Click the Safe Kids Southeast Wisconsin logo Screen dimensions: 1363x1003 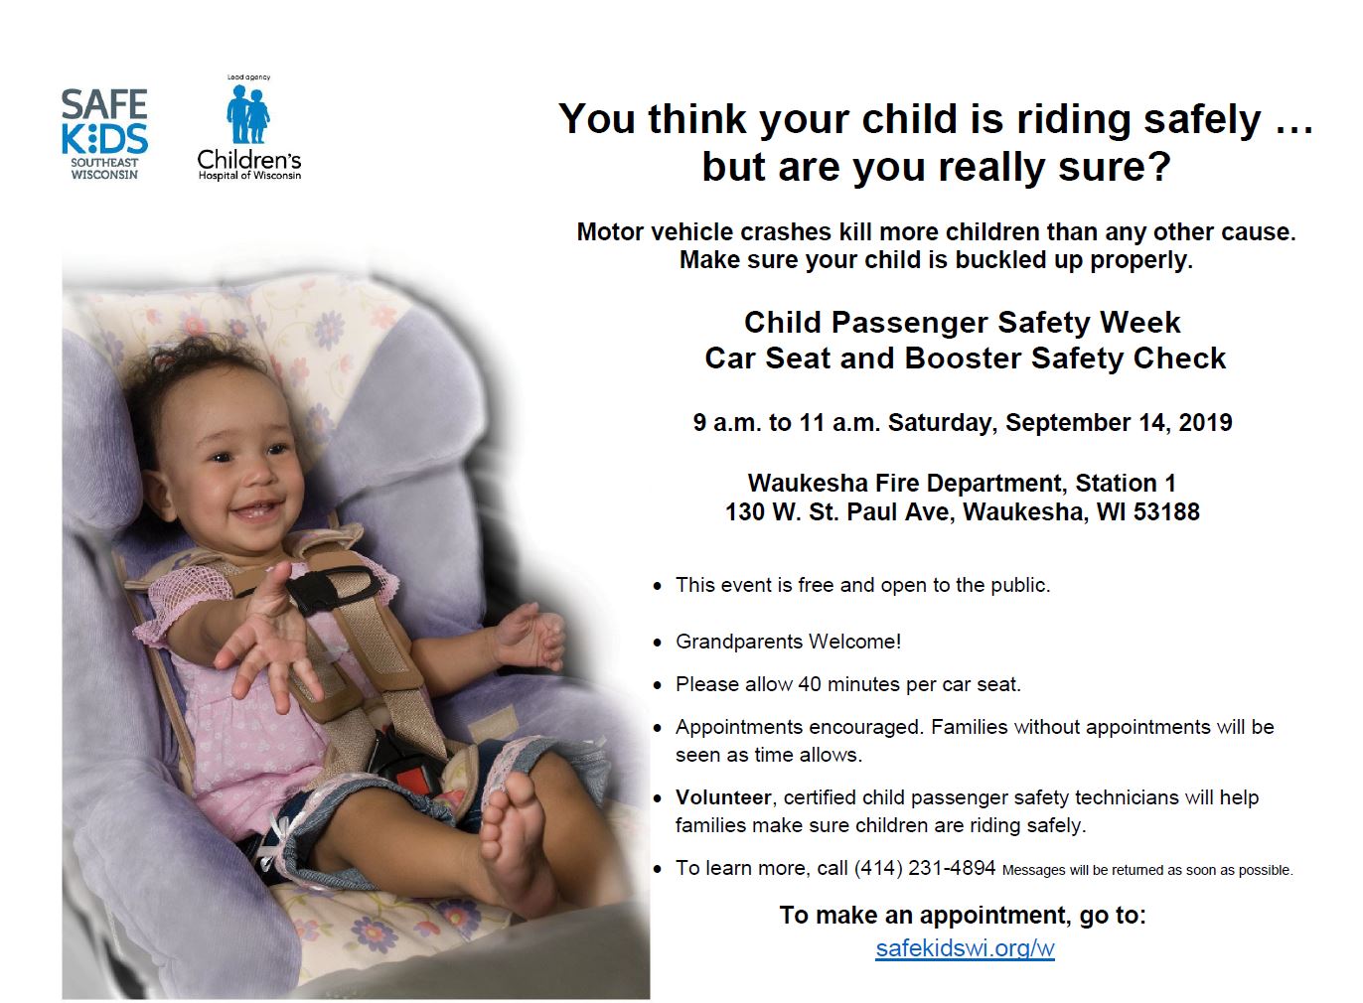(104, 134)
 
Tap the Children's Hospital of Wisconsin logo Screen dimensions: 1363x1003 (249, 128)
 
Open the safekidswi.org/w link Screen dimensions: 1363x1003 (965, 948)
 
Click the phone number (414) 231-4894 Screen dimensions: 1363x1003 (925, 868)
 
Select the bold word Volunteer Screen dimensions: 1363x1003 (723, 797)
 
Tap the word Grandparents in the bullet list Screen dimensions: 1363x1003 (739, 642)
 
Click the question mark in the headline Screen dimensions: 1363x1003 (1160, 167)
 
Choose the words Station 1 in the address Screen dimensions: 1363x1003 (1126, 483)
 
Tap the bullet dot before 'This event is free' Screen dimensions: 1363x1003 (657, 586)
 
